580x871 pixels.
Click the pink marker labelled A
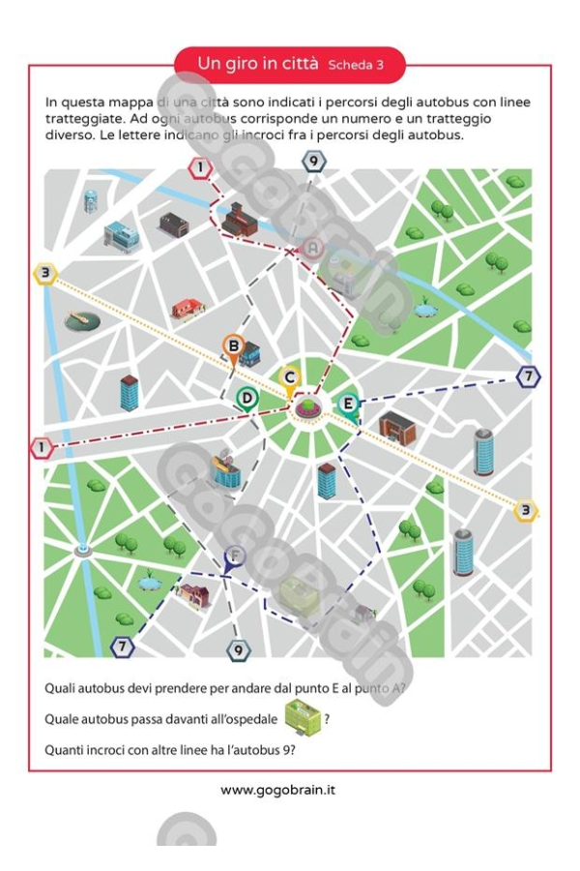pos(312,249)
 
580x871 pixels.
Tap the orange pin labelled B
pos(233,345)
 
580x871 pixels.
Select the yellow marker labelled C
pos(288,377)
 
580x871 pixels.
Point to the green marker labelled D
pos(247,398)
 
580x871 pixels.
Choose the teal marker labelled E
pos(348,404)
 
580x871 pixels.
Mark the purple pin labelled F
pos(233,556)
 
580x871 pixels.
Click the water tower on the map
pos(91,201)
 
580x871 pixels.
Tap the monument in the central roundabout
pos(307,405)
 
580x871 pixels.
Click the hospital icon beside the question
pos(303,717)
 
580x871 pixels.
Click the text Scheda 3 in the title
pos(355,65)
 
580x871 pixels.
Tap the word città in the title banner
pos(298,63)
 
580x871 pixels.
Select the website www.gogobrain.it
pos(278,790)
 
